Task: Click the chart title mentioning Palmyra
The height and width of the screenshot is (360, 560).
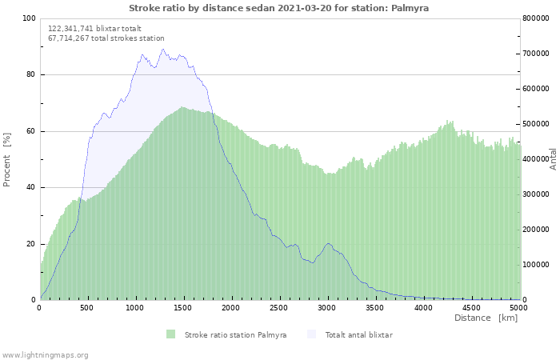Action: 278,8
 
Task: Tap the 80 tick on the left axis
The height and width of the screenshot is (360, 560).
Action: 30,74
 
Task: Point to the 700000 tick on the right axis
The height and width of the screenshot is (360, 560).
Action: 535,54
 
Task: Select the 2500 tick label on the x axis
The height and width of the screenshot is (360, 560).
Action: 278,307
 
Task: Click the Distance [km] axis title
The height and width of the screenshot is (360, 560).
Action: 486,318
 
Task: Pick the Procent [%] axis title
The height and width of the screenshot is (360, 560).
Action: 6,160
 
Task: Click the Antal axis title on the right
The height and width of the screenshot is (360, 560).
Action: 553,159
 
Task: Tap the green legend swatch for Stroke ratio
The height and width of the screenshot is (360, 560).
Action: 170,334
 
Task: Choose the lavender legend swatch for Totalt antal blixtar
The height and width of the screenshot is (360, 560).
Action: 311,334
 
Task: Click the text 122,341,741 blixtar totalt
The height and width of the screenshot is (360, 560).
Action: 94,29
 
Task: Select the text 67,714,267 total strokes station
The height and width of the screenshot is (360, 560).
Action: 106,38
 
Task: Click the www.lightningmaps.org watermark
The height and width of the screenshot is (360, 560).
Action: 44,355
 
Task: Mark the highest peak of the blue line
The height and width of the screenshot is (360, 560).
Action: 163,50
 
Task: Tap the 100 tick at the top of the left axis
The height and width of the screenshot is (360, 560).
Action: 29,18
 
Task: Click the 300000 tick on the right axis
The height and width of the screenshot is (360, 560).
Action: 535,194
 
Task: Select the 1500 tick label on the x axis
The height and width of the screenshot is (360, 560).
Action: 182,307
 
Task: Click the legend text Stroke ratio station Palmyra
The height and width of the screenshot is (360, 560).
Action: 235,334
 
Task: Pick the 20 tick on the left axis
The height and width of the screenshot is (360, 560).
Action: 30,244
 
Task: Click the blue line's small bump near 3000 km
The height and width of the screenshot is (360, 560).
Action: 328,243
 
